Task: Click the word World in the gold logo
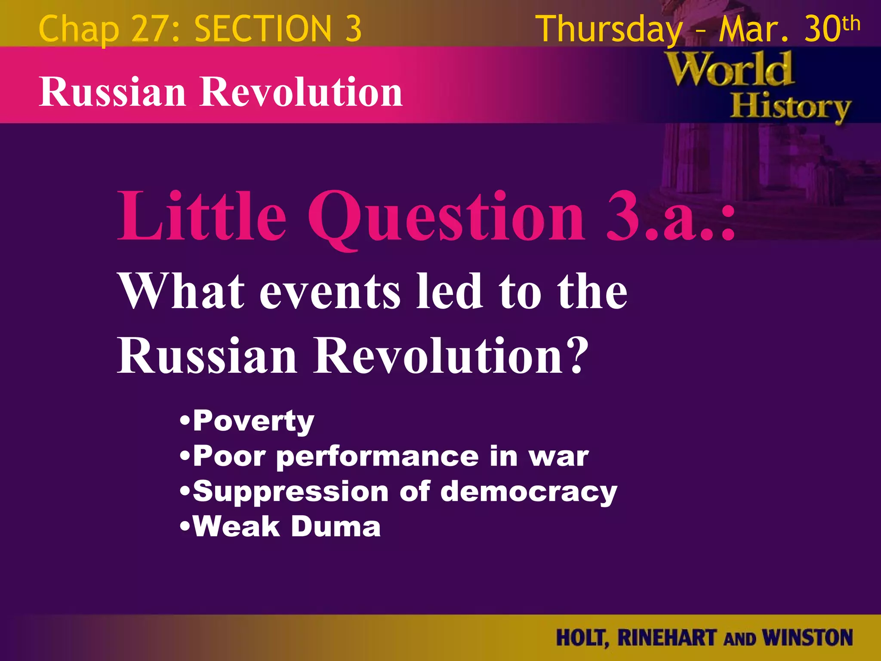click(x=730, y=69)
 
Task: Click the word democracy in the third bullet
click(x=529, y=492)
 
